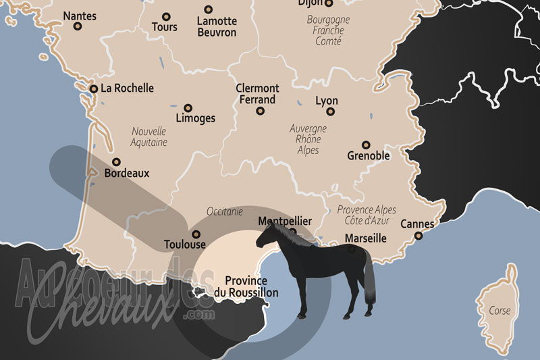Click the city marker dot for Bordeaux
coord(117,162)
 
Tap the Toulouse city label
coord(184,245)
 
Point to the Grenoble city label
coord(369,156)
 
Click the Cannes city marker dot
coord(418,236)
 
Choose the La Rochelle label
coord(127,88)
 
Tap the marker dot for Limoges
coord(188,107)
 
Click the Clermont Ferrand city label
coord(256,94)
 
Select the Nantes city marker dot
coord(78,27)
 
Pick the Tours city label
coord(165,27)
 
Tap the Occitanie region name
coord(225,211)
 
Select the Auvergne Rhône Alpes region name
coord(308,138)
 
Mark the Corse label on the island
coord(500,311)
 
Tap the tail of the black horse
coord(369,284)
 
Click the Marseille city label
coord(365,238)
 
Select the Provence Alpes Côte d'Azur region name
coord(366,215)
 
